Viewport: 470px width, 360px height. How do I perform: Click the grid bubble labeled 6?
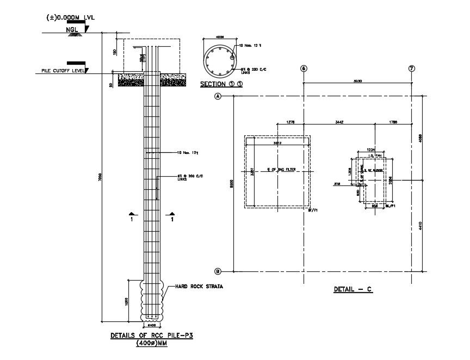[304, 69]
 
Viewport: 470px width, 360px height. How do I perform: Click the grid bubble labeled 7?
[412, 69]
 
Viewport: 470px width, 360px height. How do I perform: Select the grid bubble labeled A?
[218, 96]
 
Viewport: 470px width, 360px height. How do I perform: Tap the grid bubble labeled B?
[218, 271]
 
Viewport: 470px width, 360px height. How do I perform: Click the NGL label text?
[72, 29]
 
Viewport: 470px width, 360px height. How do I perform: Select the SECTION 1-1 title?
[221, 85]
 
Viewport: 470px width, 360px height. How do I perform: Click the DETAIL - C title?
[352, 290]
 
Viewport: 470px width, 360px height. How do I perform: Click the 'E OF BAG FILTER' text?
[278, 170]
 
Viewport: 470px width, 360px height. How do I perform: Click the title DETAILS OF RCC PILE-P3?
[152, 336]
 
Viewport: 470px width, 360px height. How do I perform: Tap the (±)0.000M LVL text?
[71, 17]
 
